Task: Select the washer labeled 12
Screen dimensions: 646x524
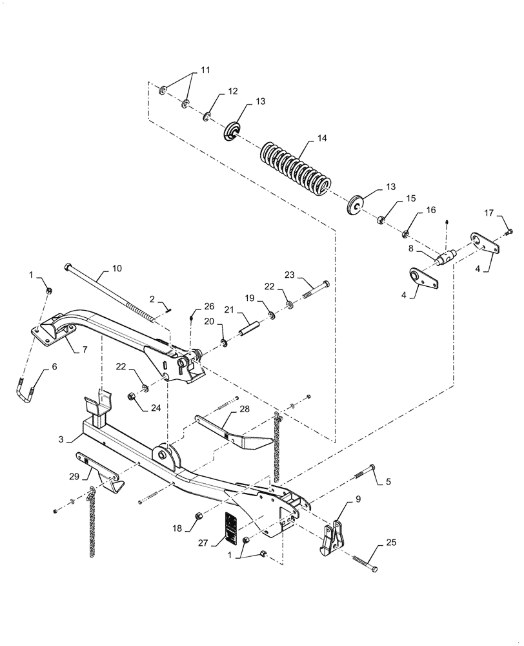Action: [207, 116]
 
